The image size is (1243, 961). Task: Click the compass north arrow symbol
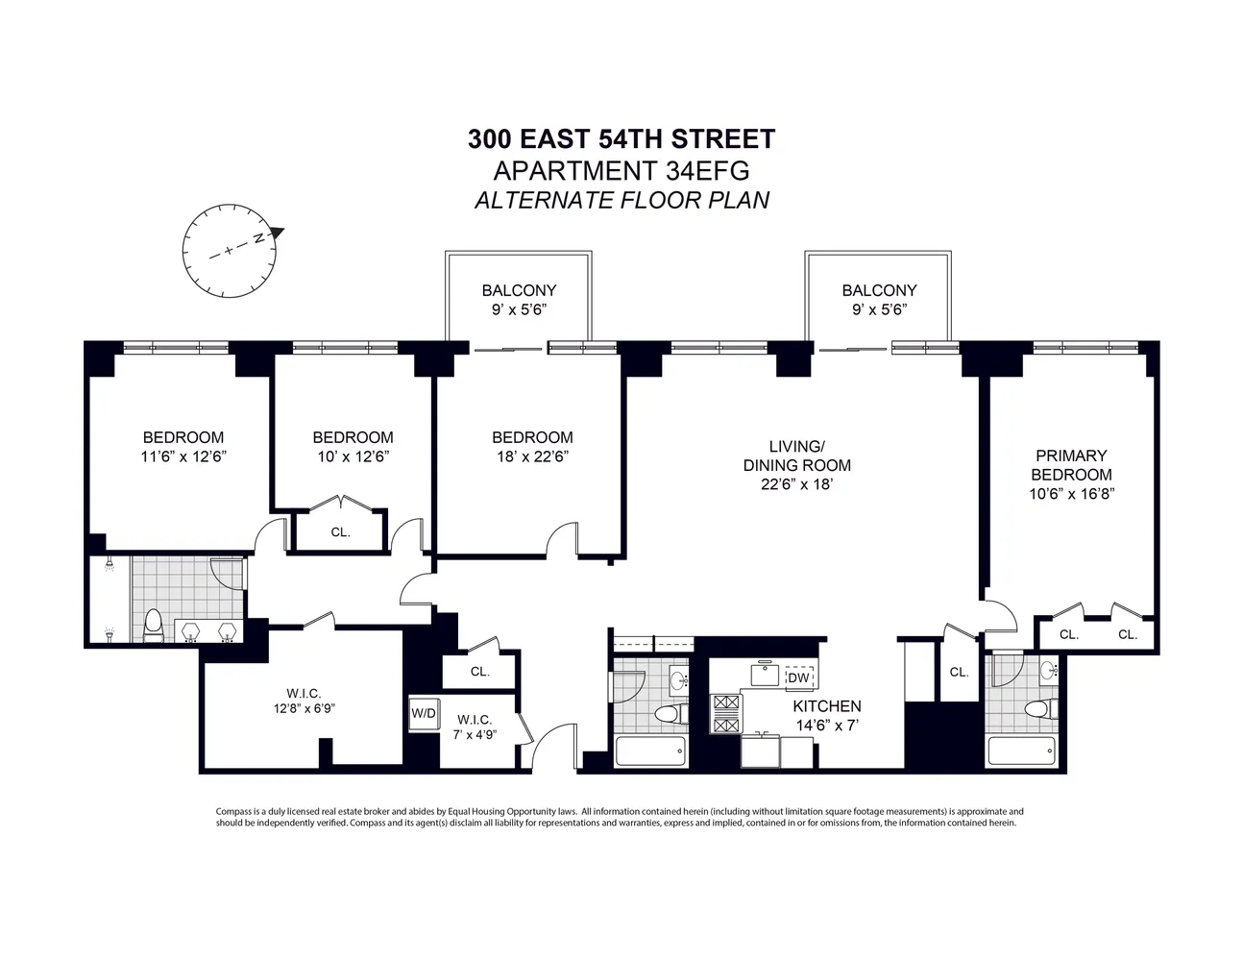pos(277,232)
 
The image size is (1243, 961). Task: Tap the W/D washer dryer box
pos(423,713)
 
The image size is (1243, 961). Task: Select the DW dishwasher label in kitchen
pos(797,678)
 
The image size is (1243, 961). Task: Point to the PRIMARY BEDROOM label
pos(1071,465)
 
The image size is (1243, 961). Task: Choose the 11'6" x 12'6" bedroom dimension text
pos(183,456)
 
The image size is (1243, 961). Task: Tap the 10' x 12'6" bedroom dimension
pos(353,456)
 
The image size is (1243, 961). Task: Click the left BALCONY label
pos(519,290)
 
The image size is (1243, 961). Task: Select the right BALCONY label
pos(879,290)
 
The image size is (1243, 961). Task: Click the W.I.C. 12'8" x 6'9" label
pos(303,701)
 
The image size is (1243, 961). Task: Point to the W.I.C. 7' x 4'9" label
pos(475,727)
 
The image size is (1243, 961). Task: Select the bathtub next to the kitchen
pos(650,751)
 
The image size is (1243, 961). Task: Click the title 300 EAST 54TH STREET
pos(621,139)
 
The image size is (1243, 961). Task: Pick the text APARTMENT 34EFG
pos(621,171)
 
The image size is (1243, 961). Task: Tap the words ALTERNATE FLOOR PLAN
pos(621,201)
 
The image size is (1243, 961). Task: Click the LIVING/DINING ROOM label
pos(796,465)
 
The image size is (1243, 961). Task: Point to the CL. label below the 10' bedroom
pos(340,531)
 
